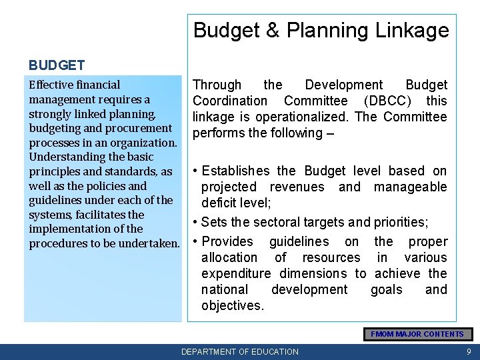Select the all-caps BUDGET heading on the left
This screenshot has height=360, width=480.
(x=57, y=65)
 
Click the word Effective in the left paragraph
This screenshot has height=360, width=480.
(x=51, y=85)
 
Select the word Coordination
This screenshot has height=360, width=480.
(x=229, y=101)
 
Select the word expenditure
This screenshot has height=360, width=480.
(x=236, y=273)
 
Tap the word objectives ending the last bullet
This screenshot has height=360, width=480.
(x=232, y=305)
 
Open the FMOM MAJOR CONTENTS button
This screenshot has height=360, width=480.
(x=417, y=334)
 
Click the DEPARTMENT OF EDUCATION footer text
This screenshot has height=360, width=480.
(x=240, y=351)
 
